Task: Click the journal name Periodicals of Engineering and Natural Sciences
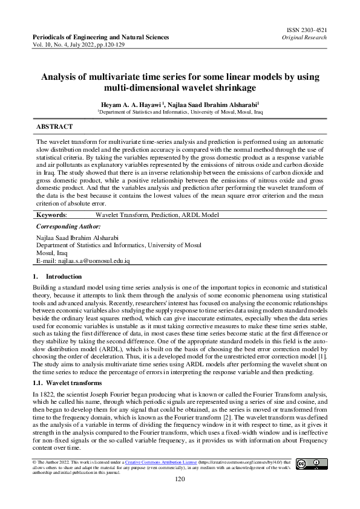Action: coord(100,37)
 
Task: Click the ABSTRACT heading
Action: coord(55,127)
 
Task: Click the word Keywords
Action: coord(52,215)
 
